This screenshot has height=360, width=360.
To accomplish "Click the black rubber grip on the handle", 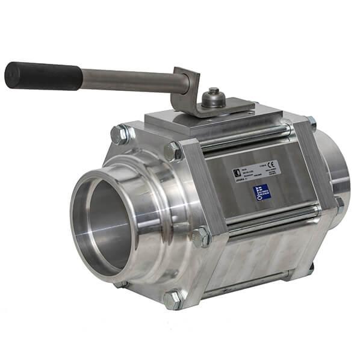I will click(42, 76).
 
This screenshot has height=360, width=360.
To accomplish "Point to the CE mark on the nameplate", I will click(272, 164).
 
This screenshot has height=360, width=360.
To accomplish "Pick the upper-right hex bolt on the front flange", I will click(173, 151).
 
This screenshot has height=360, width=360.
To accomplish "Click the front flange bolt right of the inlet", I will click(201, 236).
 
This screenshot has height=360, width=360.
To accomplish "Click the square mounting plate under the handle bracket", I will click(211, 121).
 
